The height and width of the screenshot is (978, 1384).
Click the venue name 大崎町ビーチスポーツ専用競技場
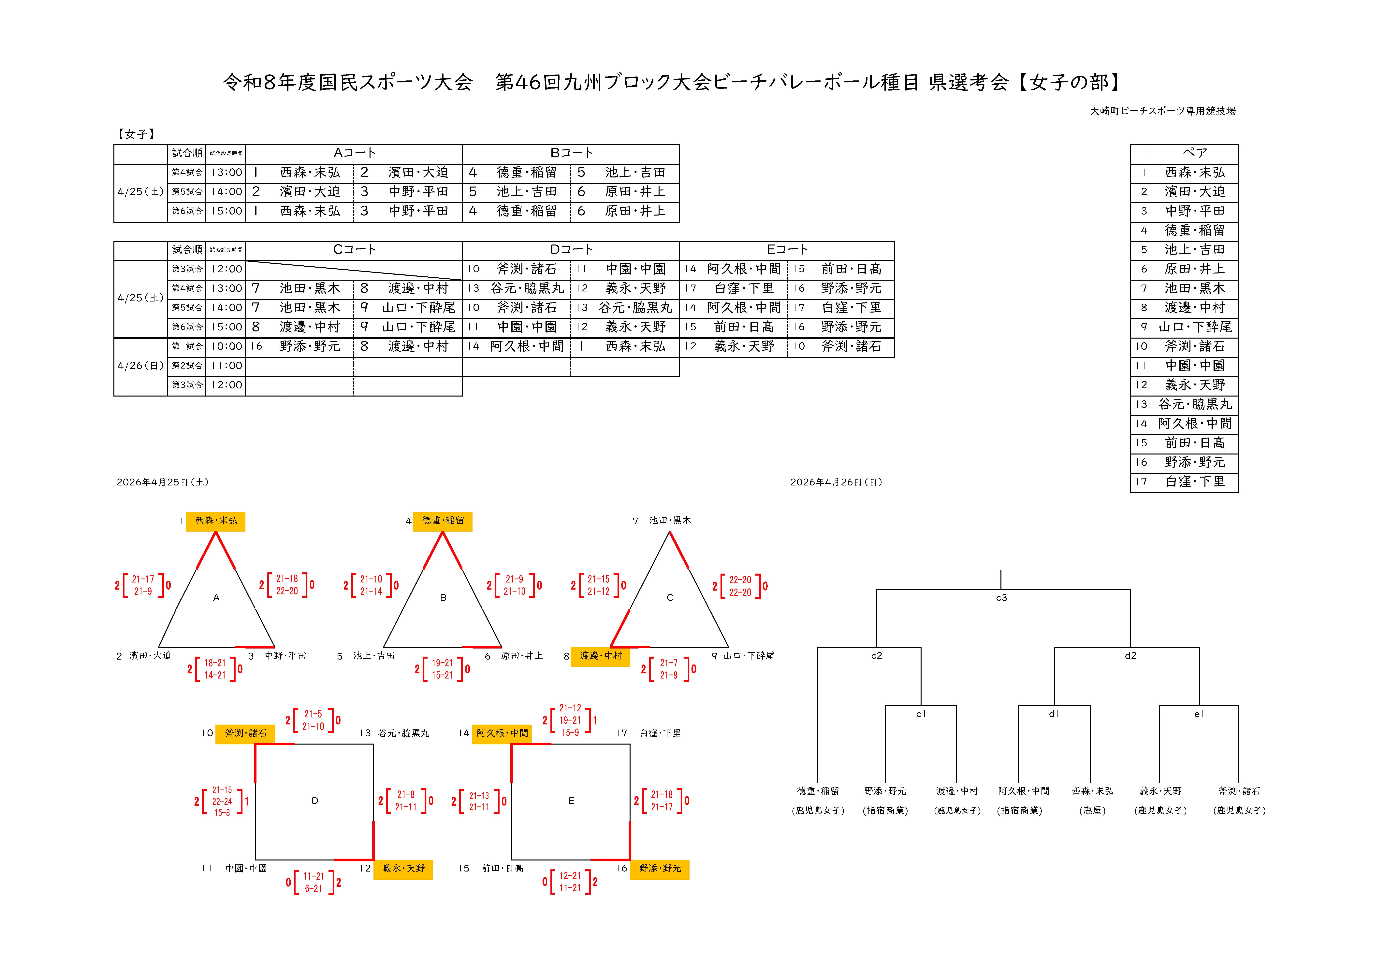(x=1163, y=111)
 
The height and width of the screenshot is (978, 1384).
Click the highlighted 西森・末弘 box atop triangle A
(x=216, y=521)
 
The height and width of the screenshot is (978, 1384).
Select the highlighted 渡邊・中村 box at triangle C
(x=600, y=656)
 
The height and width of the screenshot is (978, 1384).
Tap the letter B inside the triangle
(x=443, y=598)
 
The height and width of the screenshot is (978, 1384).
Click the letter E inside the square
(x=571, y=801)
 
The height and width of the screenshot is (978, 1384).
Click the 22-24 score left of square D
(x=222, y=802)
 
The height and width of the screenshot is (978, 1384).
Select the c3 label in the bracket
(x=1001, y=598)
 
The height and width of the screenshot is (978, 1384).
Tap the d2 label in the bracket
(x=1130, y=656)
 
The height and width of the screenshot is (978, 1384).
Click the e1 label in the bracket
(x=1199, y=714)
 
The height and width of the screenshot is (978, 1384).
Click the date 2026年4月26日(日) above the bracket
(x=836, y=482)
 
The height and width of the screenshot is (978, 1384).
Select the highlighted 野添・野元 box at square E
(x=660, y=868)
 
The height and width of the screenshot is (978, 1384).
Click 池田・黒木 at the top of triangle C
(x=670, y=521)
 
